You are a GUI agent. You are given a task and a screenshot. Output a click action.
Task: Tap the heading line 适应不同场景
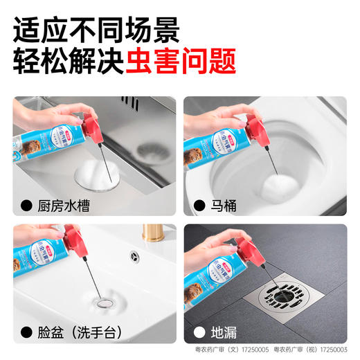[96, 28]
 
